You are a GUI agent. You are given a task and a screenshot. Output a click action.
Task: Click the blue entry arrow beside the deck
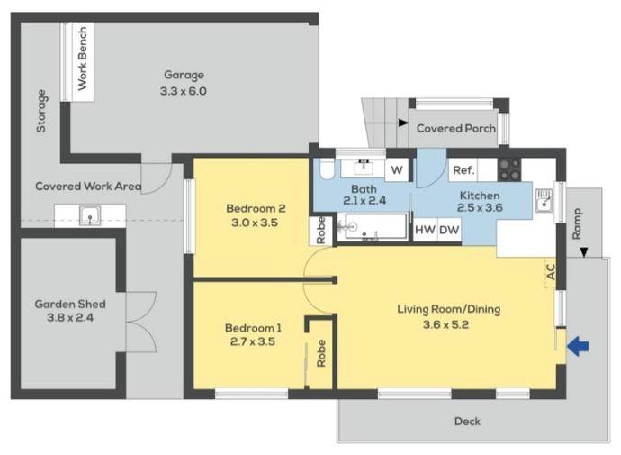[x=578, y=346]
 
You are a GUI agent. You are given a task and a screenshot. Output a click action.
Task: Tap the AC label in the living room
[x=551, y=271]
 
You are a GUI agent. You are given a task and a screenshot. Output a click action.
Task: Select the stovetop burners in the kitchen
[x=509, y=169]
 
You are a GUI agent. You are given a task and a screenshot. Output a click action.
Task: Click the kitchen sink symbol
[x=544, y=200]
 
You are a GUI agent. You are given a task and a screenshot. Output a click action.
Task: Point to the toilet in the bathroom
[x=327, y=169]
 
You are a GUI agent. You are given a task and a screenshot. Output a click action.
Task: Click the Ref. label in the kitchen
[x=463, y=170]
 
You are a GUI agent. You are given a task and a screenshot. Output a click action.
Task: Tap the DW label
[x=449, y=230]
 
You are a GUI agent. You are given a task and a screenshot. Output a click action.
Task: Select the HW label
[x=426, y=230]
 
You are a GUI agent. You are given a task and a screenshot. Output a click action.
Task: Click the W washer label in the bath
[x=397, y=170]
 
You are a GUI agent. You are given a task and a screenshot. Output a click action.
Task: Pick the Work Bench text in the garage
[x=83, y=59]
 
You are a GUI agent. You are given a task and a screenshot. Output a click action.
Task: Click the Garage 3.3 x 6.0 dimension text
[x=184, y=91]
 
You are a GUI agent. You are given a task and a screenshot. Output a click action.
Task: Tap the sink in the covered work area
[x=90, y=216]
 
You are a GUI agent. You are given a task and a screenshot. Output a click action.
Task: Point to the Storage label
[x=41, y=111]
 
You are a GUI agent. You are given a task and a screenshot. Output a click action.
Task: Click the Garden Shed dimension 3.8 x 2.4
[x=70, y=317]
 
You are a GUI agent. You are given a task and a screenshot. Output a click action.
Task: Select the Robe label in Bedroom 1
[x=320, y=353]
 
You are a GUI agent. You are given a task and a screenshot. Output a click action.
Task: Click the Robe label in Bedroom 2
[x=320, y=231]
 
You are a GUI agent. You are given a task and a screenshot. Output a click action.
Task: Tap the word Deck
[x=468, y=422]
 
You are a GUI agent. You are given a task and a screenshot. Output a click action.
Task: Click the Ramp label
[x=577, y=224]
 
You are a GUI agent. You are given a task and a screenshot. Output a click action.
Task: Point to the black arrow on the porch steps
[x=403, y=123]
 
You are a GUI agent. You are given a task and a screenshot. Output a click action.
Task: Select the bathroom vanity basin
[x=364, y=168]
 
